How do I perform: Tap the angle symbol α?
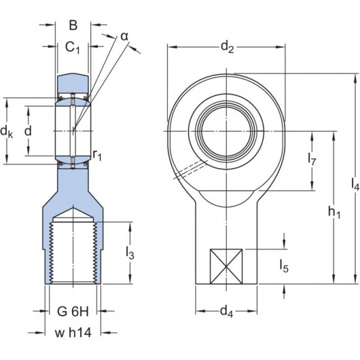pos(124,35)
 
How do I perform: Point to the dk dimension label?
pos(7,130)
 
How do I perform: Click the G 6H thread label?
pos(72,313)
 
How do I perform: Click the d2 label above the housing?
pos(227,48)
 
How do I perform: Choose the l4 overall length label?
pos(355,183)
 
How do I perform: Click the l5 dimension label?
pos(285,267)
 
